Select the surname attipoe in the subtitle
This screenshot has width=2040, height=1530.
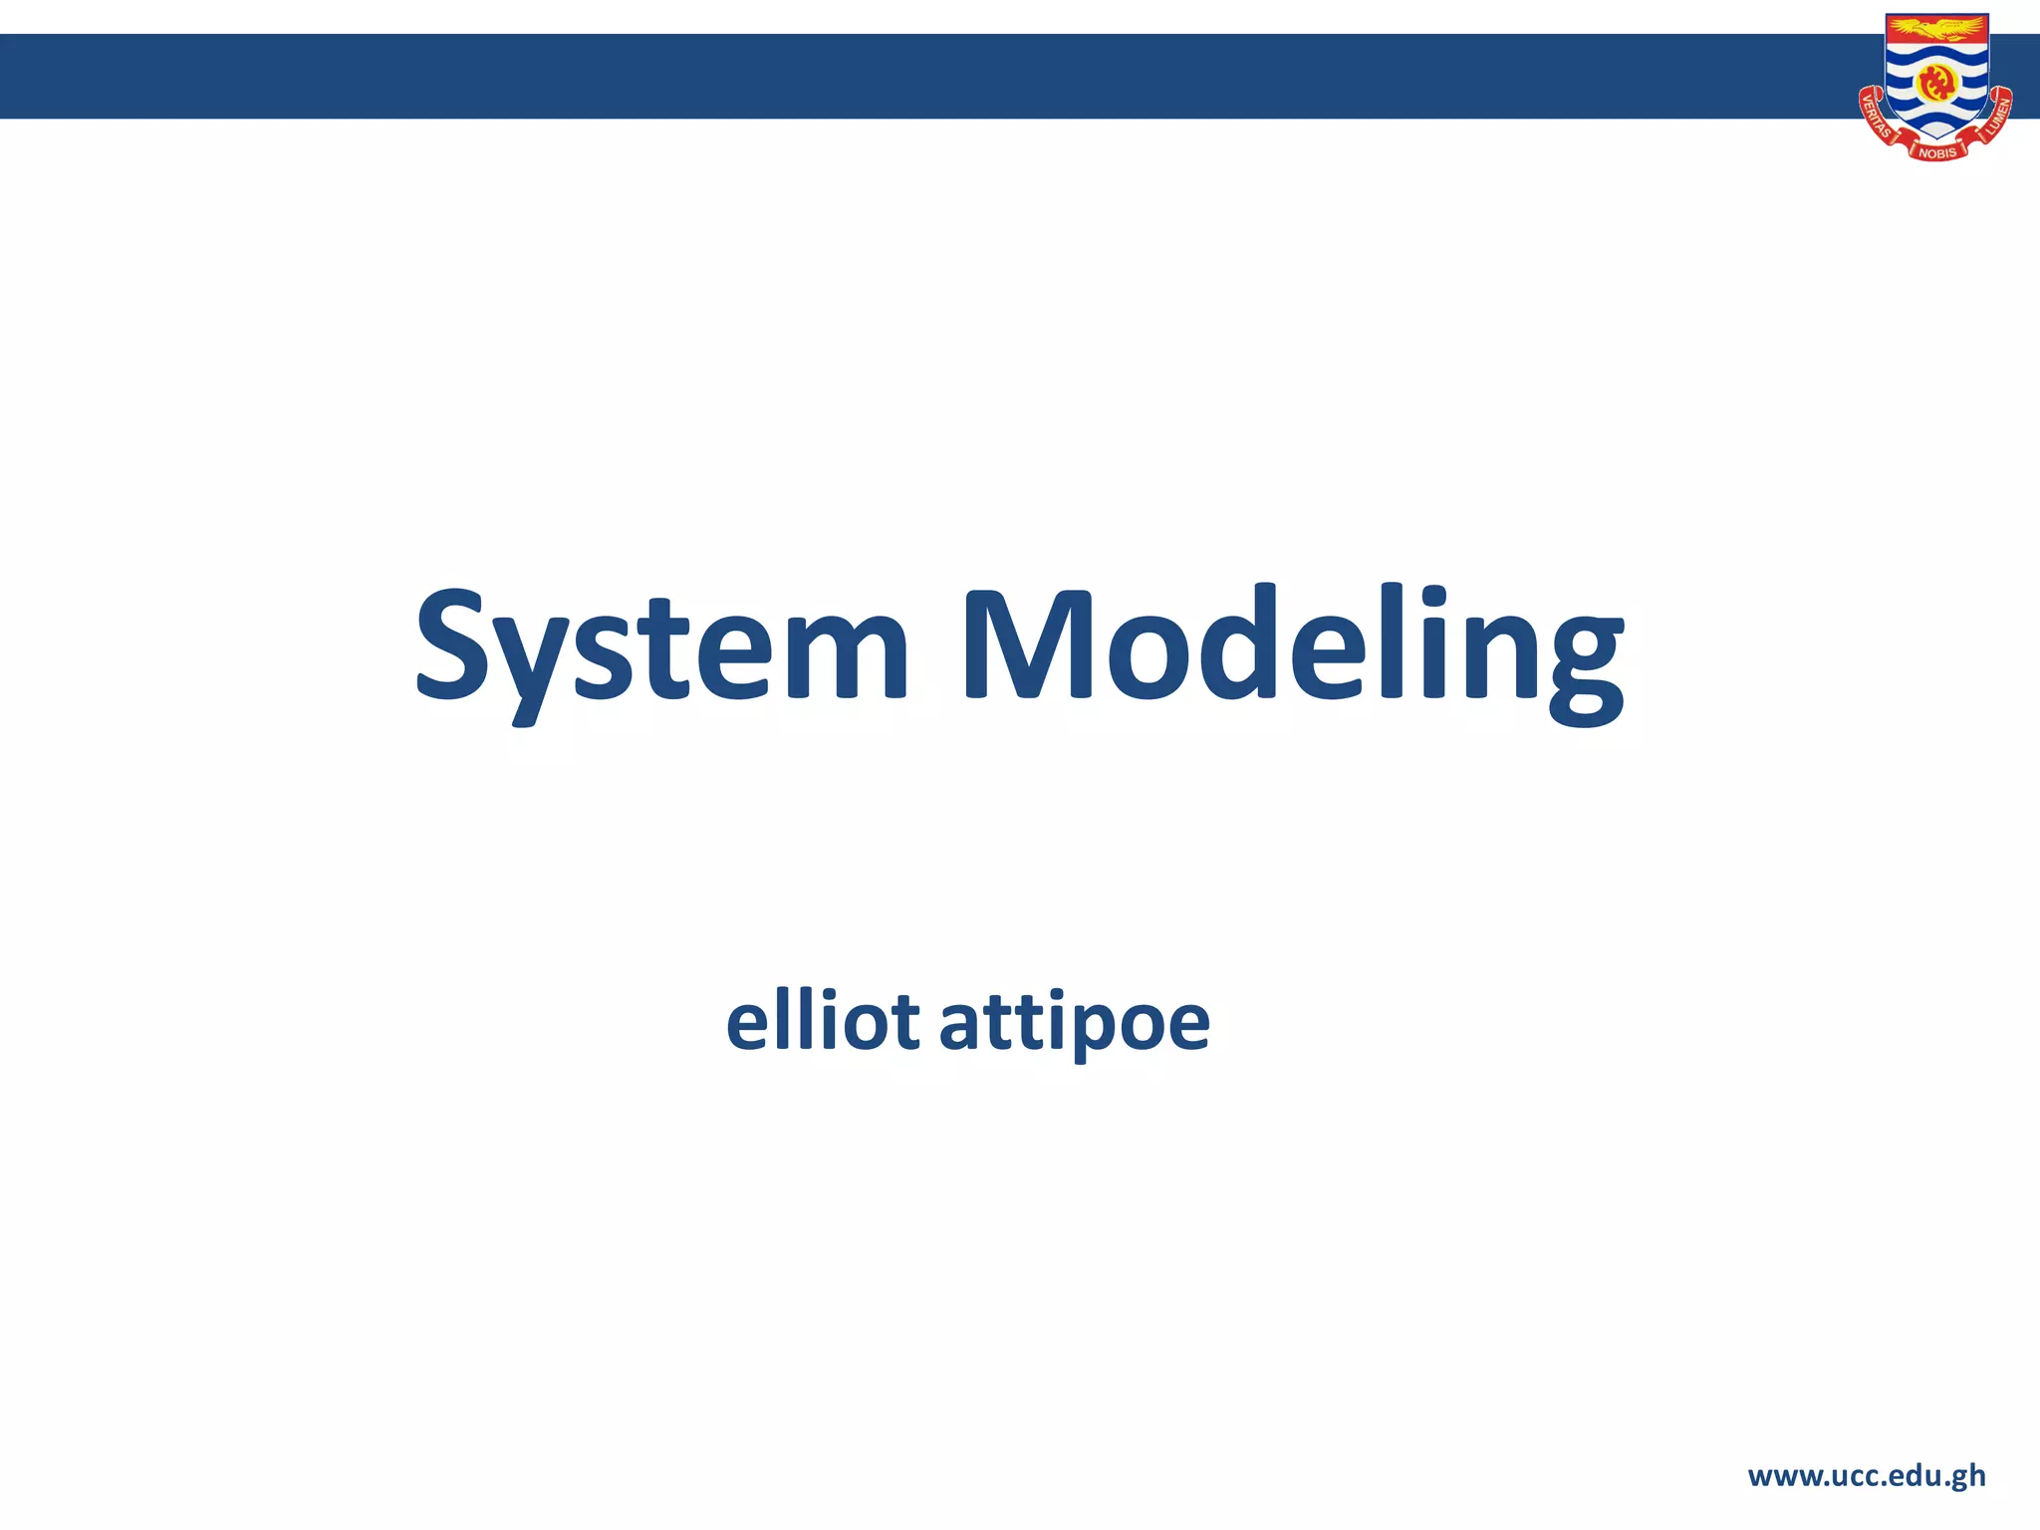[x=1074, y=1024]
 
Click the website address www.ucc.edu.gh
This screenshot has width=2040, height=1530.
[x=1867, y=1476]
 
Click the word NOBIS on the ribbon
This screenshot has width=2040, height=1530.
[x=1937, y=152]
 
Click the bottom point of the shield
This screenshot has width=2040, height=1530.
[x=1937, y=137]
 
